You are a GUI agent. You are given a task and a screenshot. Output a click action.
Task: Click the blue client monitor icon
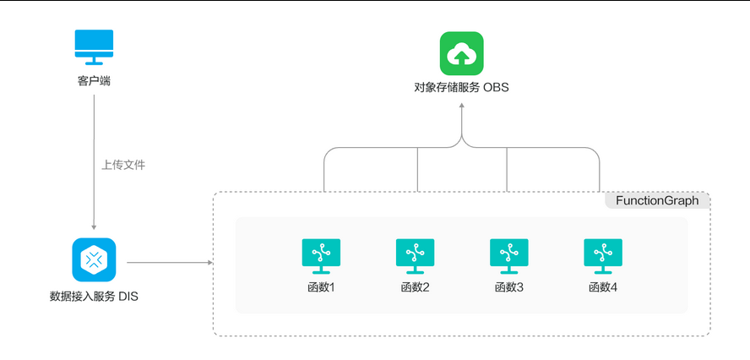[x=94, y=47]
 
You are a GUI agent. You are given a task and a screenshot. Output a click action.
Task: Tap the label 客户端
[x=94, y=81]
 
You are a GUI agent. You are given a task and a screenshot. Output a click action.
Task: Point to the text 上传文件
[x=124, y=165]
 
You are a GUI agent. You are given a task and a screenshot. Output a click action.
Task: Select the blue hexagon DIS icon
[x=94, y=260]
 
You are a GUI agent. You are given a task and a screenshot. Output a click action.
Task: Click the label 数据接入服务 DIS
[x=94, y=297]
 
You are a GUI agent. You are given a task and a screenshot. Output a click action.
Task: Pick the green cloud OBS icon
[x=461, y=53]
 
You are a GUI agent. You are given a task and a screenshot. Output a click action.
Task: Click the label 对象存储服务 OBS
[x=461, y=87]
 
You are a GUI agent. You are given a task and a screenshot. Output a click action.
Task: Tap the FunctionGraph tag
[x=656, y=200]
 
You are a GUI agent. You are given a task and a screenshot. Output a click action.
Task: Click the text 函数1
[x=321, y=287]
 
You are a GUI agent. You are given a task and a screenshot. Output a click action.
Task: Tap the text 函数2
[x=415, y=287]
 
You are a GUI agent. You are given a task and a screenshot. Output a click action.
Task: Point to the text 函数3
[x=508, y=287]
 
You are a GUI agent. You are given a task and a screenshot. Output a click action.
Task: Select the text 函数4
[x=603, y=287]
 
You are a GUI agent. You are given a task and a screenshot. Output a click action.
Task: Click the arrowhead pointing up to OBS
[x=461, y=106]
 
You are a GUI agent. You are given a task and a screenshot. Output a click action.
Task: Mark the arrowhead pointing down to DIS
[x=94, y=226]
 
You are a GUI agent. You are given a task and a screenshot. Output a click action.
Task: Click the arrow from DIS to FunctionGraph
[x=169, y=262]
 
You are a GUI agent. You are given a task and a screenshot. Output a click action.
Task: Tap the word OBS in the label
[x=496, y=87]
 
